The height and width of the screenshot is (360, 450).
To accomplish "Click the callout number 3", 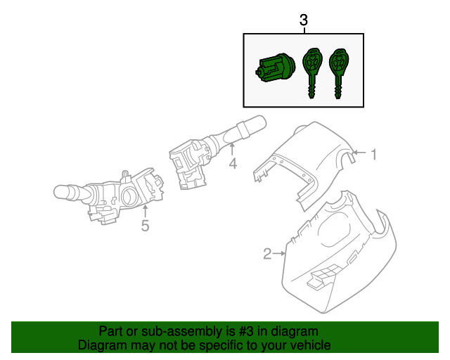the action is [x=304, y=20].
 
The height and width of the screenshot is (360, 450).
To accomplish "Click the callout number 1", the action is [x=374, y=154].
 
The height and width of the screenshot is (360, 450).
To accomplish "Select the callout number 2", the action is [x=267, y=254].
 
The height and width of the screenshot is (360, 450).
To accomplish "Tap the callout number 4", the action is [x=233, y=165].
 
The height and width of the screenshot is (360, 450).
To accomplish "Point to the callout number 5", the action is [x=145, y=226].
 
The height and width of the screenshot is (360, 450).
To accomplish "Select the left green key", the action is [x=311, y=70].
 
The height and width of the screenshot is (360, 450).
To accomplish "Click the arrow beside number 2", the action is [x=280, y=253].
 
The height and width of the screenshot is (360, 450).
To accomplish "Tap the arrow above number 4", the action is [x=233, y=149].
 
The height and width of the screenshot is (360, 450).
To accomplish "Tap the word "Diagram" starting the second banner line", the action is [x=102, y=345].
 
